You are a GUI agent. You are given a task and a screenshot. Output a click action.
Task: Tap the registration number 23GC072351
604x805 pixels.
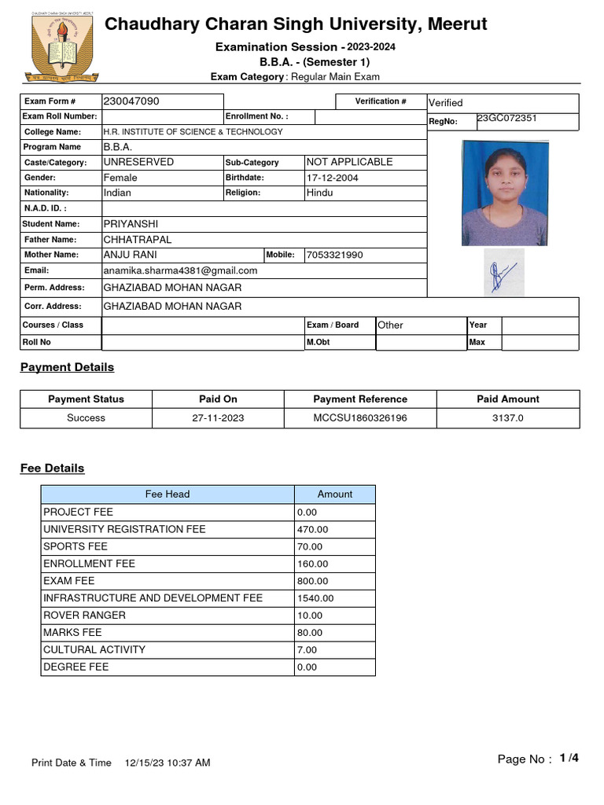pos(507,119)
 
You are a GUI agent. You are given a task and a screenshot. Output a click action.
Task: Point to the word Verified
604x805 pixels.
pos(445,103)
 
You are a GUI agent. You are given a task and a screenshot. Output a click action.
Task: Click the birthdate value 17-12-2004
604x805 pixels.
pos(332,178)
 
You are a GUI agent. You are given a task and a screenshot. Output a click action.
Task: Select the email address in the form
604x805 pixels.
pos(180,270)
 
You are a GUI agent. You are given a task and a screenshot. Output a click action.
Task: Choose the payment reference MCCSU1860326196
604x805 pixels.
pos(360,418)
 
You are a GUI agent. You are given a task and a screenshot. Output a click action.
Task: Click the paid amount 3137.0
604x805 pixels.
pos(507,418)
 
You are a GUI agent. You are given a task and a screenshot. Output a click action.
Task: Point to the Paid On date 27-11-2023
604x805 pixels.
pos(218,418)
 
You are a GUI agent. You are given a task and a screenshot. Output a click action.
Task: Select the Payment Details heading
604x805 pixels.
pos(67,367)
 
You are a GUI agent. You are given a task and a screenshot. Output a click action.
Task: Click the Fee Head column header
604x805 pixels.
pos(168,494)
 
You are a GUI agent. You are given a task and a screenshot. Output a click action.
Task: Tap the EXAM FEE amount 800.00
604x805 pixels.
pos(313,581)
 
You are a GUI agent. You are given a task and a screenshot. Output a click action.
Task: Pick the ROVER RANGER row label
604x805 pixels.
pos(84,616)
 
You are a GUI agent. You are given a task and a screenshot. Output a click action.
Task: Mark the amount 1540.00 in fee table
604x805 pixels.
pos(315,598)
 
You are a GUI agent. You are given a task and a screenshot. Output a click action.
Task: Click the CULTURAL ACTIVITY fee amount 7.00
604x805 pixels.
pos(308,650)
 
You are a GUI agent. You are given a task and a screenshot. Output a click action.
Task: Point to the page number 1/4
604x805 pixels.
pos(569,759)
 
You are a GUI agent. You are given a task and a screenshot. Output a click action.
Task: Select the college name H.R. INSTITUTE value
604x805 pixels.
pos(193,132)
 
